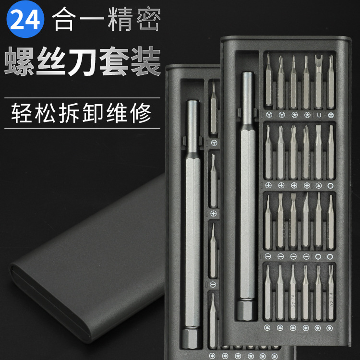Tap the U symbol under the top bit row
click(x=319, y=115)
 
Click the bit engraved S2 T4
click(x=293, y=293)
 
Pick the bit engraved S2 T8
click(x=331, y=293)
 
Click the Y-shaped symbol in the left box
click(x=214, y=143)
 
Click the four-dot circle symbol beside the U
click(x=331, y=115)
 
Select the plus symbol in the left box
click(x=214, y=213)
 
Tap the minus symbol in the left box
click(x=213, y=285)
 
